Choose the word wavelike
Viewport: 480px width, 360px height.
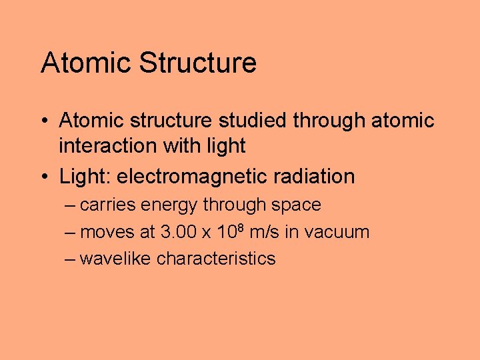(x=115, y=259)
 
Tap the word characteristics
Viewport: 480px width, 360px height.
(x=216, y=259)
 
